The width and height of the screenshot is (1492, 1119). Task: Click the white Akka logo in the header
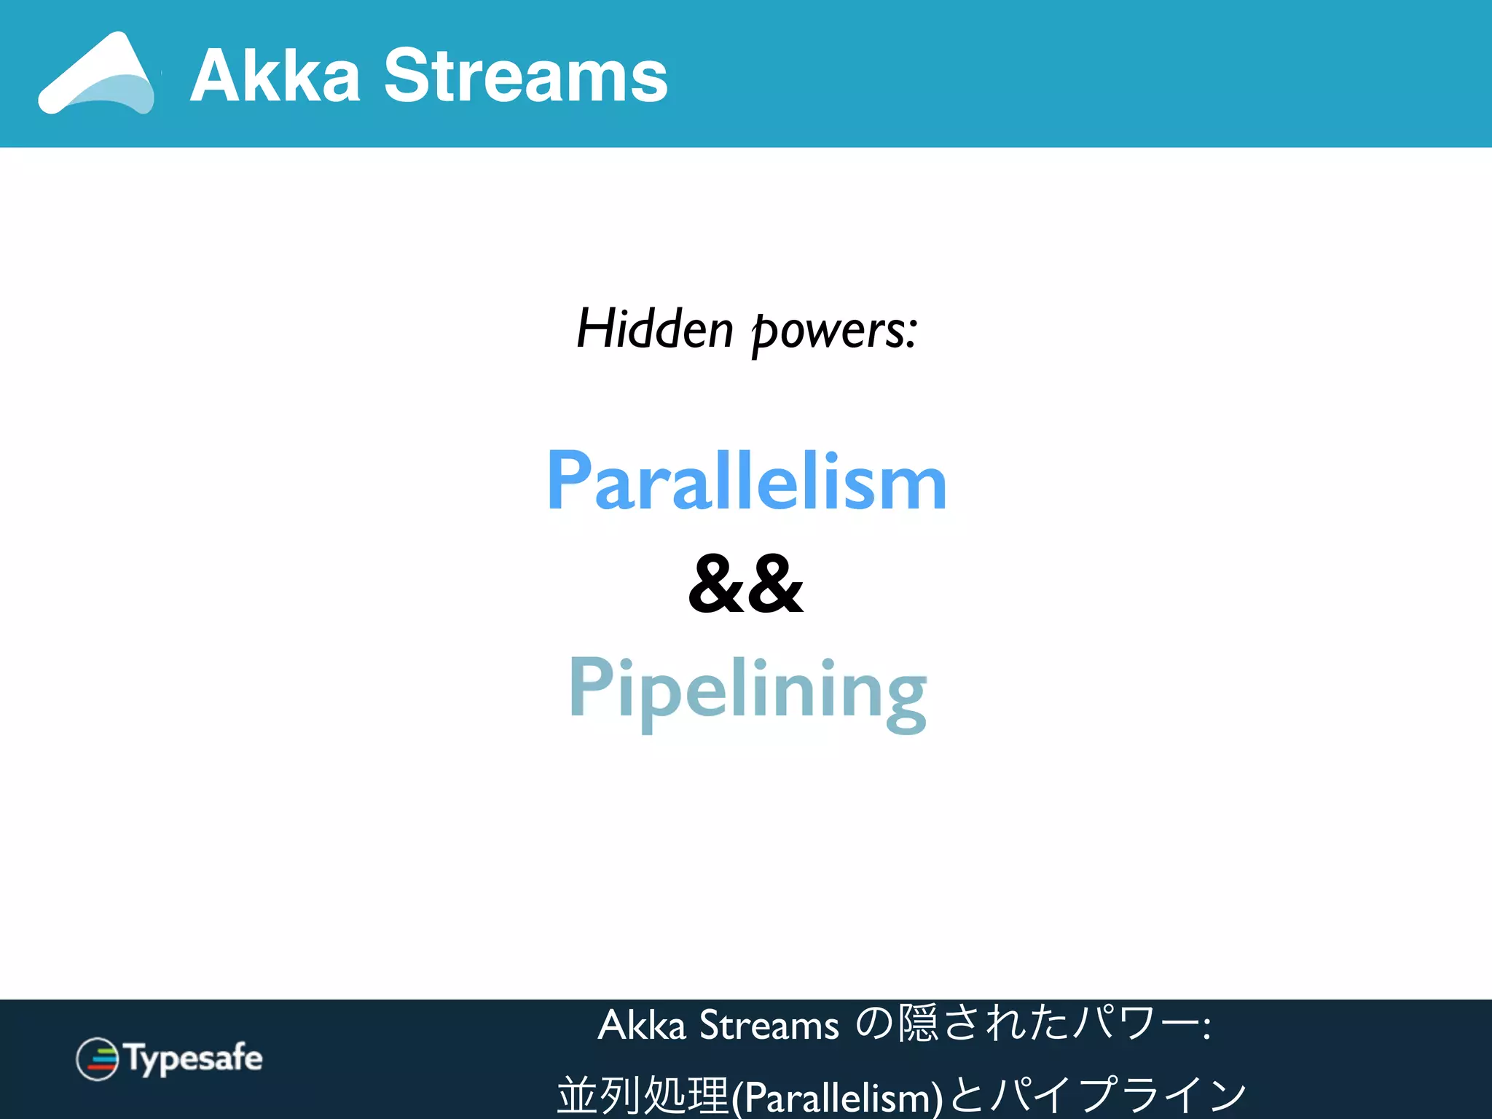coord(96,74)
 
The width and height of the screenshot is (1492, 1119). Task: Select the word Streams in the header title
coord(525,76)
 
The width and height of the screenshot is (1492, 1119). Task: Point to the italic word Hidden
coord(654,329)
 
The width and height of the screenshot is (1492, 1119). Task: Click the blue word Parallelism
coord(747,481)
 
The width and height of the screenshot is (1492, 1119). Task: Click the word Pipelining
coord(747,691)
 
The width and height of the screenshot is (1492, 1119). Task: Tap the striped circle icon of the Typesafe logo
coord(97,1059)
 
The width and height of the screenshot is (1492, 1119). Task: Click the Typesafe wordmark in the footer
coord(194,1059)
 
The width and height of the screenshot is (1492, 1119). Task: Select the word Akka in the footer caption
coord(642,1025)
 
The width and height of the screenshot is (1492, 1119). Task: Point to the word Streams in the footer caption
coord(769,1025)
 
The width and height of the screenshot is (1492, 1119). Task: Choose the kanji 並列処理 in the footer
coord(643,1094)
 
